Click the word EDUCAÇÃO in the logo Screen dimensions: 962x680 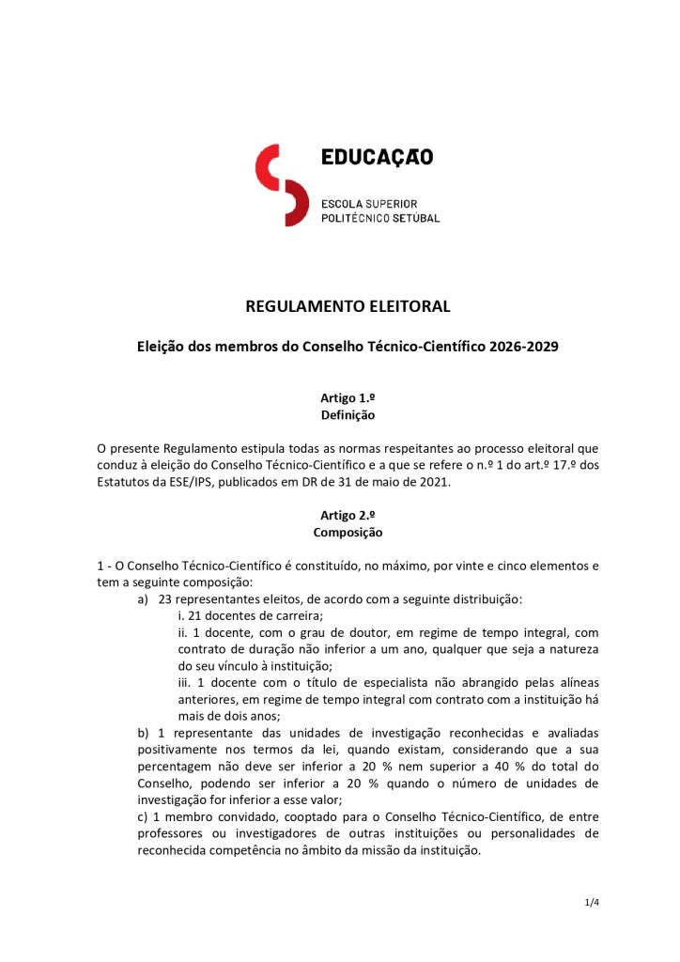(377, 158)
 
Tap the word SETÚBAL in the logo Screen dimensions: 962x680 (416, 218)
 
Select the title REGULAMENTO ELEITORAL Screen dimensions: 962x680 (348, 306)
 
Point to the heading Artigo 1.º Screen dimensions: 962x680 (348, 398)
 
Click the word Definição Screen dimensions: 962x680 (348, 414)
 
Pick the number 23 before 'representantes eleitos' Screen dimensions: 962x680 (167, 598)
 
